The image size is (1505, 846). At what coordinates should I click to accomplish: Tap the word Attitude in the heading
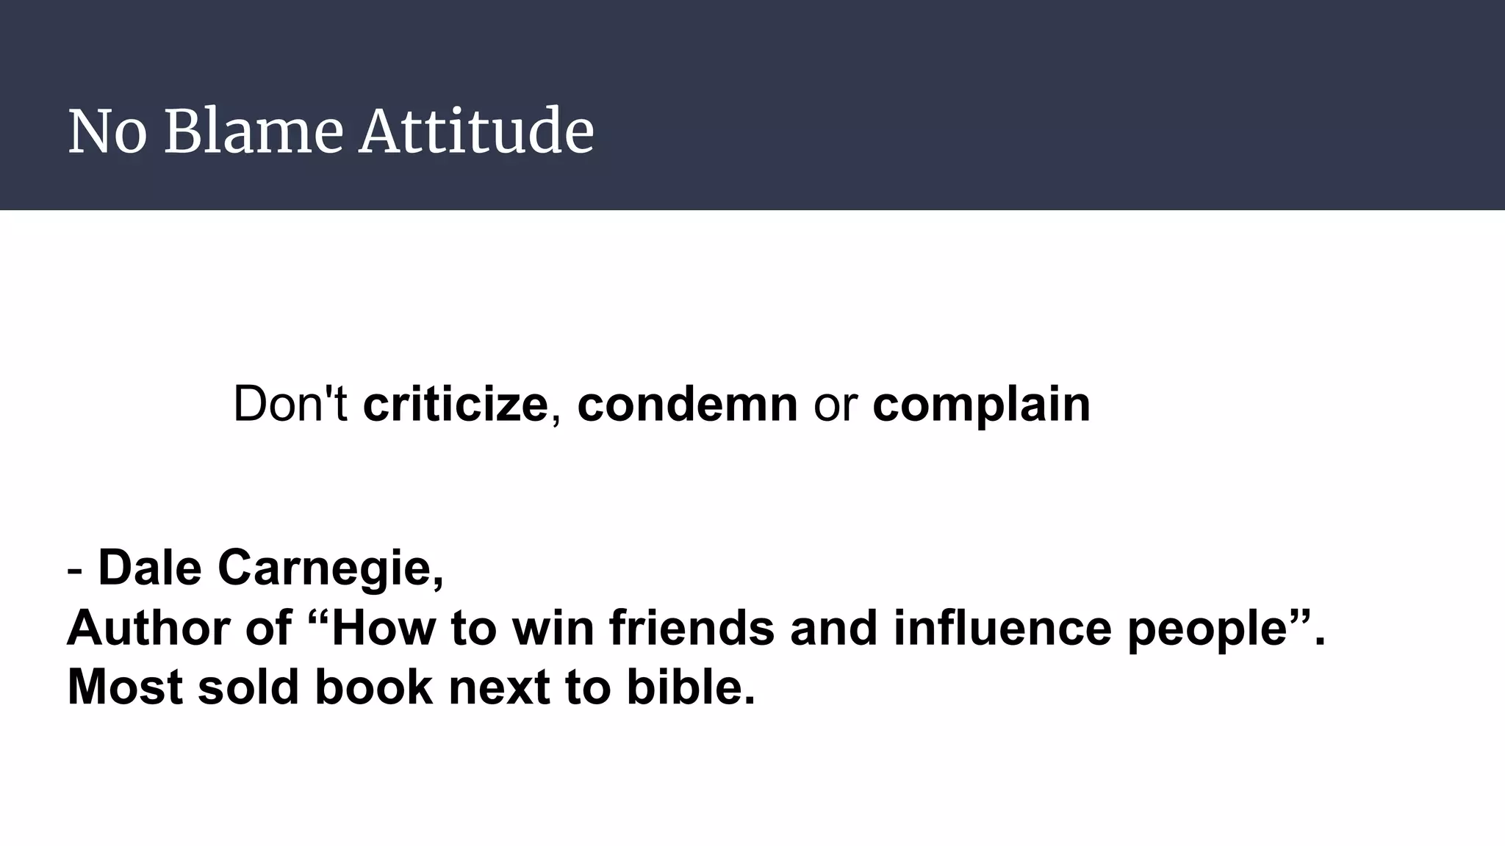[x=476, y=132]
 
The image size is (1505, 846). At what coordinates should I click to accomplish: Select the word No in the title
[x=107, y=132]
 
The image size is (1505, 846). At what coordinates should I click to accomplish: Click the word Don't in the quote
[x=290, y=404]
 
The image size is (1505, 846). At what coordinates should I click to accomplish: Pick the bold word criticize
[x=455, y=404]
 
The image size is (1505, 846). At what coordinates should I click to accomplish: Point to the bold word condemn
[x=687, y=404]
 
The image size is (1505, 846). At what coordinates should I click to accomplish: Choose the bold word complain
[x=981, y=405]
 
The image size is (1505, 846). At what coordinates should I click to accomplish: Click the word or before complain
[x=836, y=405]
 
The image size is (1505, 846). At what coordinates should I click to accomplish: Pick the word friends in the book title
[x=692, y=629]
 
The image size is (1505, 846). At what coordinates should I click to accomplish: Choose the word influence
[x=1002, y=629]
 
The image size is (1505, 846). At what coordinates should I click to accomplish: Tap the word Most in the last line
[x=124, y=687]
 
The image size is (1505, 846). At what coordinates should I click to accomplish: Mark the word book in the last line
[x=373, y=687]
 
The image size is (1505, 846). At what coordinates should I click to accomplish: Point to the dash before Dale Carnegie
[x=74, y=570]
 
